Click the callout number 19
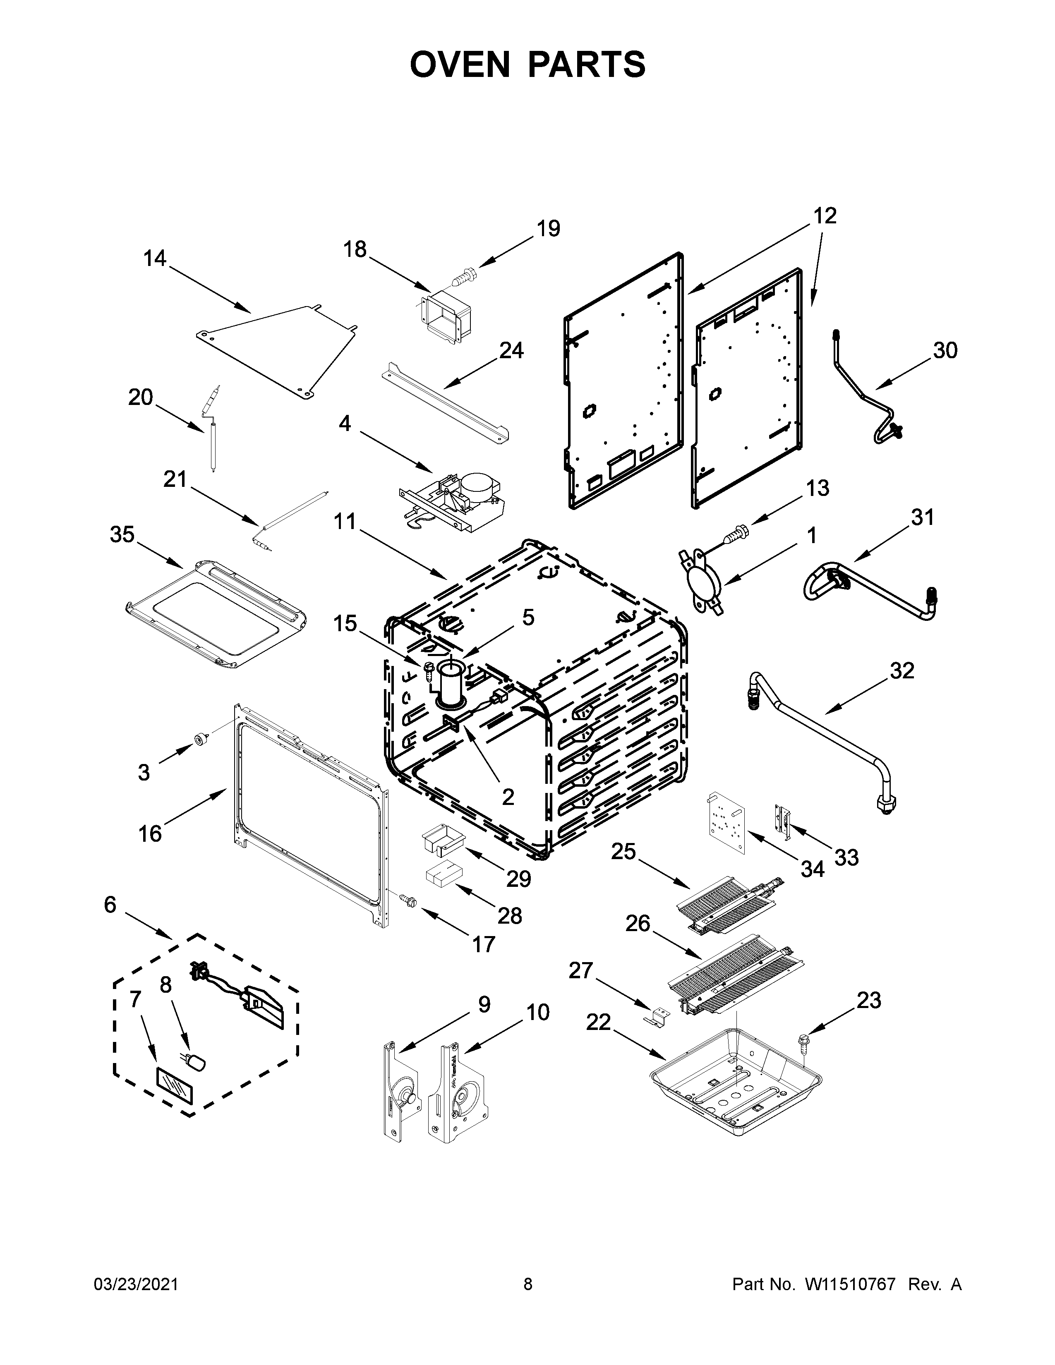point(548,229)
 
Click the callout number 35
point(122,534)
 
